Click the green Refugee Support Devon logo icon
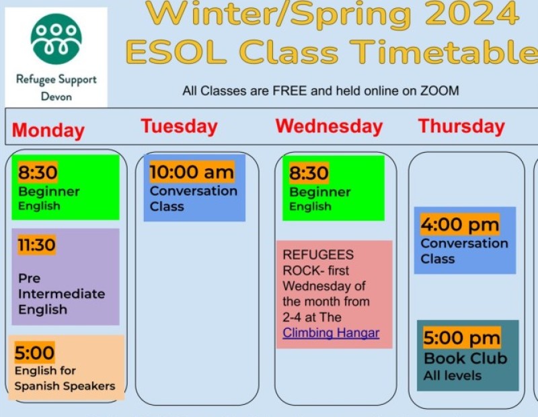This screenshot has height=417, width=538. click(x=56, y=39)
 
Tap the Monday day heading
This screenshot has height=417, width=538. click(x=48, y=130)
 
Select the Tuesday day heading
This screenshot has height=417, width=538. click(x=179, y=126)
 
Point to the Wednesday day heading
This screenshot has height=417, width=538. click(x=329, y=126)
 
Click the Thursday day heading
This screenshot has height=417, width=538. click(x=461, y=126)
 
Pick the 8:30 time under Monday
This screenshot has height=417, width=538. click(x=38, y=172)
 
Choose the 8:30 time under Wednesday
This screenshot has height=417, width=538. click(x=309, y=173)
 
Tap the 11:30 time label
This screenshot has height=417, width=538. click(x=37, y=245)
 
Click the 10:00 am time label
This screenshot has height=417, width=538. click(x=192, y=172)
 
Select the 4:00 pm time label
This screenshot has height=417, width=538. click(x=460, y=225)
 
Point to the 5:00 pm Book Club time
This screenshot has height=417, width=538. click(x=462, y=338)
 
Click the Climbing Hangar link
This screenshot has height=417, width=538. click(x=331, y=333)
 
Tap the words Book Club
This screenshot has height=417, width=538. click(x=465, y=358)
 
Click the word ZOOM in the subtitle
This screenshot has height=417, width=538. click(x=440, y=91)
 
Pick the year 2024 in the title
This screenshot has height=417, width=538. click(x=473, y=13)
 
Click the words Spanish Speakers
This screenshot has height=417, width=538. click(x=65, y=386)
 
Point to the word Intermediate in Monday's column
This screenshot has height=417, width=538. click(x=62, y=294)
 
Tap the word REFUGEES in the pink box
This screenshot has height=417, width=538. click(x=318, y=255)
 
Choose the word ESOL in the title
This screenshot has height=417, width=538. click(x=176, y=52)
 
